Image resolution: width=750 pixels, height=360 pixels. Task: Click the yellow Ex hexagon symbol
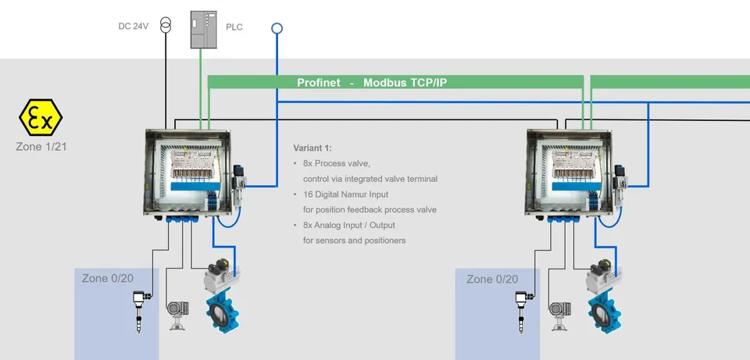coord(41,118)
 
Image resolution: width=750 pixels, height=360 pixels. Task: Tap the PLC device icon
coord(204,30)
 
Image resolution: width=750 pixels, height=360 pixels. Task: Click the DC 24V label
coord(134,27)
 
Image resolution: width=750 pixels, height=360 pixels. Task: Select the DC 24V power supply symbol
coord(166,24)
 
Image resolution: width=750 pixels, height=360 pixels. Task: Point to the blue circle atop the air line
coord(277,29)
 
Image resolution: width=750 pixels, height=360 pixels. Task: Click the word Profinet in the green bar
coord(319,82)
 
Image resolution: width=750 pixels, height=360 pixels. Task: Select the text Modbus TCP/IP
coord(405,82)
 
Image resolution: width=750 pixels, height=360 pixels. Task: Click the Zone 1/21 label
coord(41,147)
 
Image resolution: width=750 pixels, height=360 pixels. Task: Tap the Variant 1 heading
coord(312,148)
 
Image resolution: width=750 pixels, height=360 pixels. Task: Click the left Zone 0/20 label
coord(108,278)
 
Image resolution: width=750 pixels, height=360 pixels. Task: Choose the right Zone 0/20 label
coord(492,280)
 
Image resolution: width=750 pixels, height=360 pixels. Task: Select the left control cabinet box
coord(188,173)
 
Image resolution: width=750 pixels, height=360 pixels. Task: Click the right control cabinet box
coord(570,173)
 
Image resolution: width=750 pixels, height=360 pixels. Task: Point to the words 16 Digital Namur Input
coord(346,194)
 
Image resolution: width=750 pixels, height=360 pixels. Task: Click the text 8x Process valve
coord(337,163)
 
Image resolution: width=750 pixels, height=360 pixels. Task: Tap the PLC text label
coord(234,27)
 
